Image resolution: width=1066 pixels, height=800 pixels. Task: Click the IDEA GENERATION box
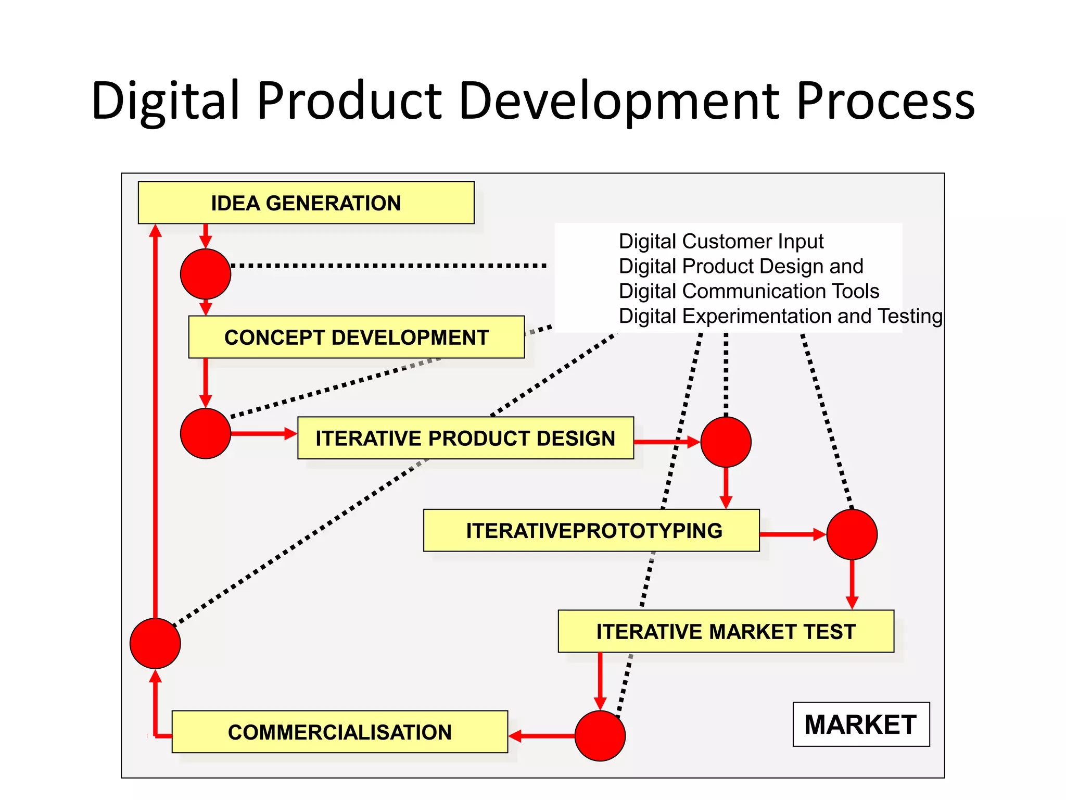click(x=306, y=203)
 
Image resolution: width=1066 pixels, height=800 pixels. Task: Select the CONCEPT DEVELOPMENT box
click(x=357, y=337)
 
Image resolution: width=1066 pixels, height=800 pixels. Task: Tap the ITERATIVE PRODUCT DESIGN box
click(x=465, y=438)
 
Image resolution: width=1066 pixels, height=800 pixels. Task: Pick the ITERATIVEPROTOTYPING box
click(x=591, y=531)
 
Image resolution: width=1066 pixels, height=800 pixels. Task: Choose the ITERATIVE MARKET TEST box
click(x=726, y=631)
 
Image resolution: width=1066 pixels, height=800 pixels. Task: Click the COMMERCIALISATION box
click(x=339, y=732)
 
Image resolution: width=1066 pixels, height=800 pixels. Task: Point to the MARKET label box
click(x=861, y=724)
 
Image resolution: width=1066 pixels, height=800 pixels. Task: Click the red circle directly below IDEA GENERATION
click(x=206, y=274)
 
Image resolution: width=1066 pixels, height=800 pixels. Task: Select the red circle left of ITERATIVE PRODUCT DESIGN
click(x=206, y=433)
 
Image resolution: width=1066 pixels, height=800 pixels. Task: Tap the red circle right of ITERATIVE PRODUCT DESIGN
click(x=726, y=442)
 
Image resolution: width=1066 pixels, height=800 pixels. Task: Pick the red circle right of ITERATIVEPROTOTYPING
click(x=852, y=534)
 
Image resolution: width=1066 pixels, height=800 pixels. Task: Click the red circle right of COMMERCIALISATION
click(x=600, y=735)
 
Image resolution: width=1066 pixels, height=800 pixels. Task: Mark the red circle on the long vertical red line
click(x=155, y=643)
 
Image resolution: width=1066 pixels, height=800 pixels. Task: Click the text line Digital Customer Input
click(x=721, y=242)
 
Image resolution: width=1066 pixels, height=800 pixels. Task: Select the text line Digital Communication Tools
click(x=748, y=291)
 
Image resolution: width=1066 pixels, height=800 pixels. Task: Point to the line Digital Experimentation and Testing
click(x=780, y=316)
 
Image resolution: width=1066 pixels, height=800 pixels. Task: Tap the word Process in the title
click(x=885, y=101)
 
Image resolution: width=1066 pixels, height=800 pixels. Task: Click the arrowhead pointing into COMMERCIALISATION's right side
click(x=515, y=736)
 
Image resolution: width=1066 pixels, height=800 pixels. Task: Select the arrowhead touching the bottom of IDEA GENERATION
click(x=155, y=231)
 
